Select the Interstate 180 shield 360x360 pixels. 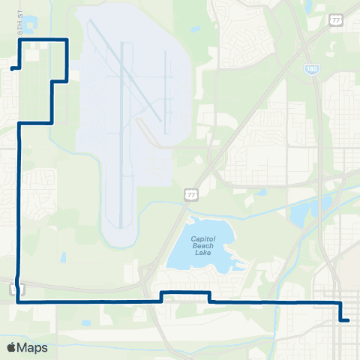310,68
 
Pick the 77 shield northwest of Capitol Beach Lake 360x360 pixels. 192,195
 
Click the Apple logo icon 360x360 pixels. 12,347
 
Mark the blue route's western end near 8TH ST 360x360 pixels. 12,68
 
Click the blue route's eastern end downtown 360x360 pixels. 348,320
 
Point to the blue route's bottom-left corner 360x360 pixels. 17,301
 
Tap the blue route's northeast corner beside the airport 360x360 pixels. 67,39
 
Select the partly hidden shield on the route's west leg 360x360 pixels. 14,288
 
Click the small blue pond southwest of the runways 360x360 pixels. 64,257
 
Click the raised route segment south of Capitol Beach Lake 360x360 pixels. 185,292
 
